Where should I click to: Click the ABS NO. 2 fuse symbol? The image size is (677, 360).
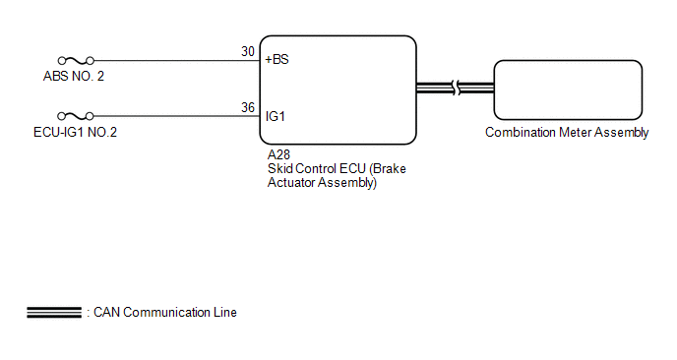click(76, 60)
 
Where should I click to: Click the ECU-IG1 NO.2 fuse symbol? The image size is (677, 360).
click(76, 116)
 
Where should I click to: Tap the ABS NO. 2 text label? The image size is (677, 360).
click(74, 77)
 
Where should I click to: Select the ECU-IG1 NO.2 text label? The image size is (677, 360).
click(75, 132)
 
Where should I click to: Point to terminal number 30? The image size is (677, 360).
click(248, 52)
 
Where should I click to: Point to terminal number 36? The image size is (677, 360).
click(248, 107)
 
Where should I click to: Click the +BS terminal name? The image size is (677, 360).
click(277, 60)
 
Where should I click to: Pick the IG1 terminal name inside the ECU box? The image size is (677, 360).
click(276, 116)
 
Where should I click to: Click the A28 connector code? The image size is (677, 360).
click(278, 154)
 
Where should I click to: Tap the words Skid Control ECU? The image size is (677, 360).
click(317, 168)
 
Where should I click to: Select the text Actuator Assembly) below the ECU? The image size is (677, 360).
click(322, 183)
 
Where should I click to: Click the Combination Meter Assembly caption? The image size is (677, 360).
click(567, 132)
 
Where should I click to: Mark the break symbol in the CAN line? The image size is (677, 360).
click(456, 89)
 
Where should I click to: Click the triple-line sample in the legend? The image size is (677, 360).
click(54, 313)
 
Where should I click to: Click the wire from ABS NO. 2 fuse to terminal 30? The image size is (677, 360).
click(177, 60)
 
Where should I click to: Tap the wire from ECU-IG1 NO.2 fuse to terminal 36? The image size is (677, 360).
click(177, 116)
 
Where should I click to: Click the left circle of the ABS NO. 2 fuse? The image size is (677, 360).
click(62, 60)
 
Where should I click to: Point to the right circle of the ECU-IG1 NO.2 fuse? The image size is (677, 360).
click(90, 116)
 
